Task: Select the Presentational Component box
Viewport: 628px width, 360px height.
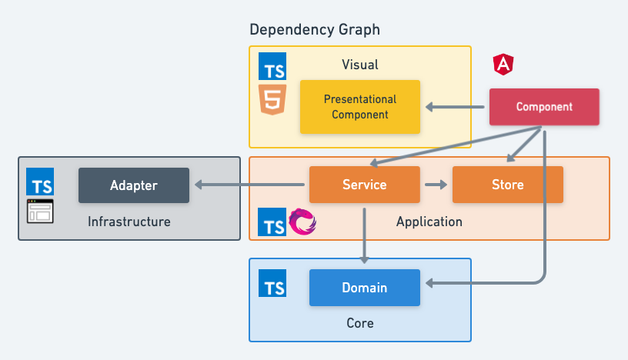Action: (x=360, y=107)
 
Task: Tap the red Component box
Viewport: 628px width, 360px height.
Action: (x=544, y=107)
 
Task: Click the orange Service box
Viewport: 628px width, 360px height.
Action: (x=365, y=185)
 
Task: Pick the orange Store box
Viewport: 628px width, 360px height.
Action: (x=507, y=185)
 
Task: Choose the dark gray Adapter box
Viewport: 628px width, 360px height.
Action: (x=134, y=185)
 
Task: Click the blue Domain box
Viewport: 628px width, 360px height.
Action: (x=365, y=288)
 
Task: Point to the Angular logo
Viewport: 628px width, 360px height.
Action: (x=503, y=65)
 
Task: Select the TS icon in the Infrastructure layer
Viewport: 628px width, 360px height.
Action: (x=40, y=182)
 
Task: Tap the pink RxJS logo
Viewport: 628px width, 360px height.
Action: (x=302, y=222)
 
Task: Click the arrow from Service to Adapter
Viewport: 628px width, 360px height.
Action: (x=249, y=185)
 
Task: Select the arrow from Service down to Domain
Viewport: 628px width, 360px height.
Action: (x=365, y=235)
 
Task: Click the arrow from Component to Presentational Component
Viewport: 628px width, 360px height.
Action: (x=458, y=107)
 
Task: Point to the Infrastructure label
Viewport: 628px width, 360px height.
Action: (x=129, y=222)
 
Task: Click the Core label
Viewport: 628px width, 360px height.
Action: (x=359, y=323)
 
